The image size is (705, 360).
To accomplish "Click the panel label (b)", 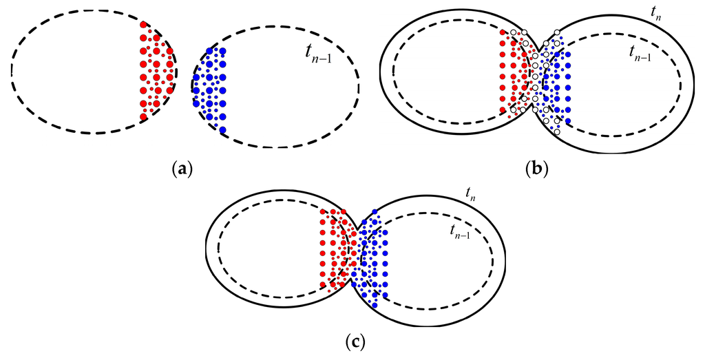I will tap(537, 167).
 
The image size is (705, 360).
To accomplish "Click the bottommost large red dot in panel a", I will tap(143, 117).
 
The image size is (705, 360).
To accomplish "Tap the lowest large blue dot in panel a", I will tap(222, 129).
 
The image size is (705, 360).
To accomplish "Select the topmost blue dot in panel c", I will tap(374, 211).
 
